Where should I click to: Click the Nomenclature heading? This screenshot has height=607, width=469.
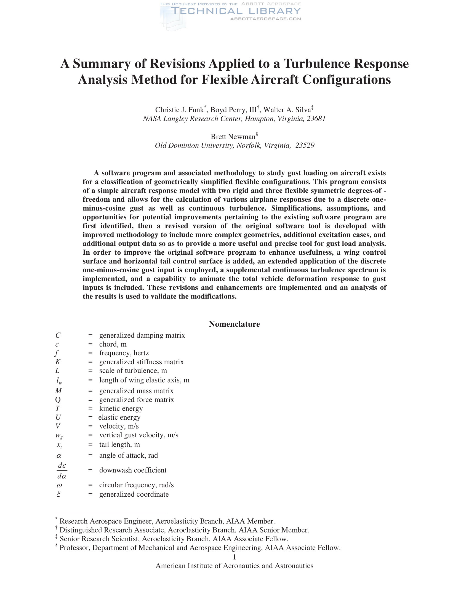pos(234,324)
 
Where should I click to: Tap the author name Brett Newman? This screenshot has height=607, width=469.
pos(233,137)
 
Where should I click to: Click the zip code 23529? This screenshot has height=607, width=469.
pos(305,145)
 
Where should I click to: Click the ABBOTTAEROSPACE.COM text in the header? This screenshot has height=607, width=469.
pos(266,19)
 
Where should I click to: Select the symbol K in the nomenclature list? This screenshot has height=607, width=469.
pos(58,362)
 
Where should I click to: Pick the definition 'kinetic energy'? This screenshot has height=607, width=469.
pos(121,409)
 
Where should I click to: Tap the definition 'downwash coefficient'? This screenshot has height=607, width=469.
pos(133,470)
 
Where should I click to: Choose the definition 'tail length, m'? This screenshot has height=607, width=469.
pos(119,445)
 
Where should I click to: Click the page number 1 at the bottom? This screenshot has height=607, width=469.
pos(234,557)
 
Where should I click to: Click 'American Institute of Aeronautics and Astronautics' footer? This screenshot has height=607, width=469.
pos(234,566)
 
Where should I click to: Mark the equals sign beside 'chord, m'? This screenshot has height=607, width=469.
pos(90,344)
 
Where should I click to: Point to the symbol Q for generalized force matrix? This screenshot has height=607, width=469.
pos(58,400)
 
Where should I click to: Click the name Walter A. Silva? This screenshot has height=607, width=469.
pos(287,110)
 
